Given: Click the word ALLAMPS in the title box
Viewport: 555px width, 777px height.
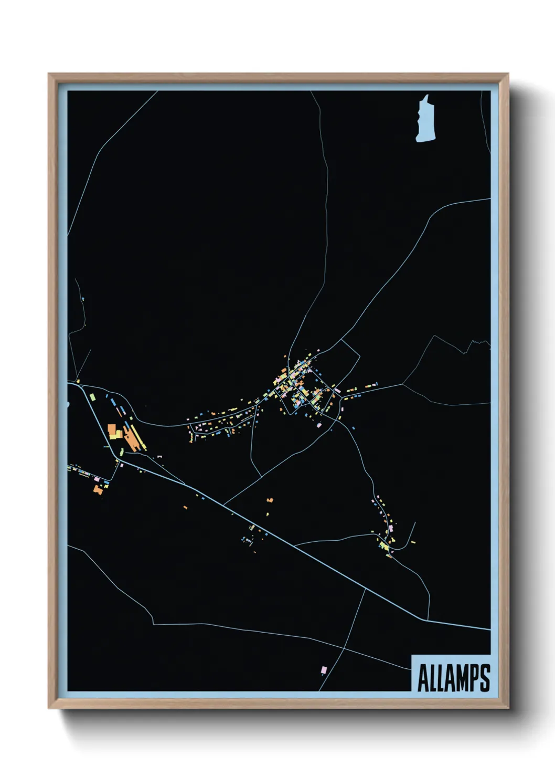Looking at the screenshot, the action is (453, 678).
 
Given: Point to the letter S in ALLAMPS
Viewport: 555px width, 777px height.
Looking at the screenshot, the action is (485, 678).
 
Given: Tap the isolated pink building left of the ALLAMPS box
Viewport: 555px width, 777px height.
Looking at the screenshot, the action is (324, 670).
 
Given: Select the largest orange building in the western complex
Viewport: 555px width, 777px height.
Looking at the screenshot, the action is (112, 431).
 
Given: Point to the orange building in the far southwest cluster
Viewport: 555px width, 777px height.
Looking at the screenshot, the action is (97, 489).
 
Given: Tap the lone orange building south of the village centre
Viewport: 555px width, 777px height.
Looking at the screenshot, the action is (270, 500).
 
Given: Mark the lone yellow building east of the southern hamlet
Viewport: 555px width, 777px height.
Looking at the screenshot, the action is (413, 541).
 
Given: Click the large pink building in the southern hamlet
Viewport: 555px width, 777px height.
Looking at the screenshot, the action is (390, 527).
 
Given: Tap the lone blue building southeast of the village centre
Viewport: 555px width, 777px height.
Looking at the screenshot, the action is (353, 428).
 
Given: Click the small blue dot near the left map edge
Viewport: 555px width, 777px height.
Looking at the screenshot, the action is (83, 300).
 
